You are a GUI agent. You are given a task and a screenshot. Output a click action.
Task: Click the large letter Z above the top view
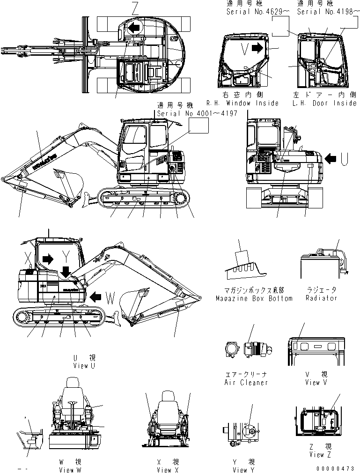pos(135,8)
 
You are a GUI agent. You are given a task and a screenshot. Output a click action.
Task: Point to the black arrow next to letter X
pos(47,258)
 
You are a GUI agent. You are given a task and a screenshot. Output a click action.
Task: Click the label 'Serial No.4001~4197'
pos(197,113)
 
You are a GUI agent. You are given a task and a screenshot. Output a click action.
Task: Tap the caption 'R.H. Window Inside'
pos(242,103)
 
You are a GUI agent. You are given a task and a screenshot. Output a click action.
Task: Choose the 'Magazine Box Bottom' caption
pos(254,298)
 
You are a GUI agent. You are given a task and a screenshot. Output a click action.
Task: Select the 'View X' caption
pos(168,470)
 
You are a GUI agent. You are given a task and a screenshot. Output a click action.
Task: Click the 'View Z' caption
pos(316,454)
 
